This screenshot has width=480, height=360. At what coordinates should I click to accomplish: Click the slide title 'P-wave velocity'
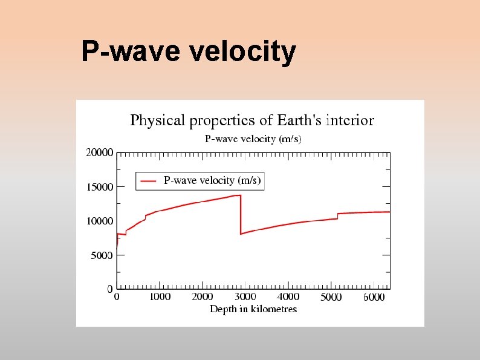click(189, 52)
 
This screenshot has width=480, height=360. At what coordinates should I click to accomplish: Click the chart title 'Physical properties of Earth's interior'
click(252, 120)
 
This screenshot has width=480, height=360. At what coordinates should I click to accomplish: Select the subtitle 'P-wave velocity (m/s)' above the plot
click(253, 139)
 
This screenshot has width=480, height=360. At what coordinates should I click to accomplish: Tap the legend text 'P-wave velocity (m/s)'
click(212, 180)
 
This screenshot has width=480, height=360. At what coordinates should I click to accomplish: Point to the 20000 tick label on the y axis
click(99, 153)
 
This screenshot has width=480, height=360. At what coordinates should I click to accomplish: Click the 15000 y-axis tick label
click(99, 187)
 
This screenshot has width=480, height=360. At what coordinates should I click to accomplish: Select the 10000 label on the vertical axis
click(99, 221)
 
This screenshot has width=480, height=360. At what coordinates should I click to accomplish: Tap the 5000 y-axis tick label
click(102, 255)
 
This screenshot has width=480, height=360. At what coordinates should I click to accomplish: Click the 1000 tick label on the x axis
click(160, 297)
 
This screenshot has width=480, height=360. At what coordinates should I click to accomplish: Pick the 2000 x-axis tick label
click(203, 297)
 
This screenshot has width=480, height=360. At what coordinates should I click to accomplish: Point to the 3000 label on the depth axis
click(245, 297)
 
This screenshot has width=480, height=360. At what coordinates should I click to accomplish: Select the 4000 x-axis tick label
click(288, 297)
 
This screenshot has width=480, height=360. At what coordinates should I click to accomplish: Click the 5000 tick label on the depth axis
click(331, 297)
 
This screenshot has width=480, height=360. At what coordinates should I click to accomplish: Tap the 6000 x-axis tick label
click(374, 297)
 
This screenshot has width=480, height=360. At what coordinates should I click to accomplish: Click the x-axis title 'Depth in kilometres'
click(253, 309)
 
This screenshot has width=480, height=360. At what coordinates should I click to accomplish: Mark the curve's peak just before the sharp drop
click(239, 195)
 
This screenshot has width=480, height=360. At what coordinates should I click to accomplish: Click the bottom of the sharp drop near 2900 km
click(241, 234)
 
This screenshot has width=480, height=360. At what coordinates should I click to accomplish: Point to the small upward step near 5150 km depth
click(337, 216)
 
